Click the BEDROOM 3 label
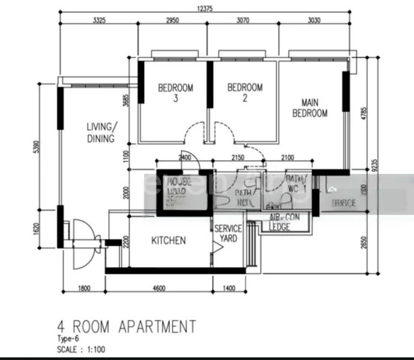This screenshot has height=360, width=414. (x=176, y=93)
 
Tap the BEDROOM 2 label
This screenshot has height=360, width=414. (x=245, y=93)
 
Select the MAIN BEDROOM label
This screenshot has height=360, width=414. (x=310, y=107)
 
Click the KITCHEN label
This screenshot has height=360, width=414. (x=168, y=241)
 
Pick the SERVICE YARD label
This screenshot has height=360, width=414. (x=229, y=233)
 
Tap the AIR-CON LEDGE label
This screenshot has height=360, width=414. (x=280, y=223)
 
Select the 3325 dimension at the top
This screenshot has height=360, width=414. (x=99, y=20)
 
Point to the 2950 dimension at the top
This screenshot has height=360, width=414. (x=172, y=20)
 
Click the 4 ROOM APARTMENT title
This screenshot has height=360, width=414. (x=126, y=326)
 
